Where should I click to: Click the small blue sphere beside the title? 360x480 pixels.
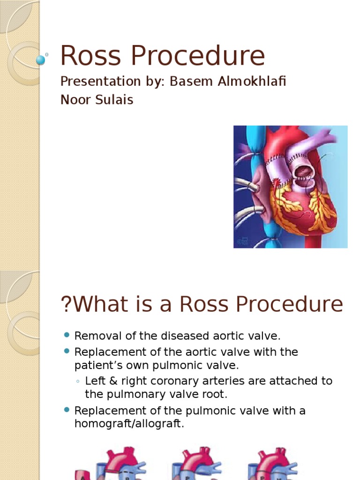[x=41, y=60]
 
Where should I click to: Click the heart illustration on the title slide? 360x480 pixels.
[x=290, y=187]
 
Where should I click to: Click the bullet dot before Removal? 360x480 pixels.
[x=66, y=335]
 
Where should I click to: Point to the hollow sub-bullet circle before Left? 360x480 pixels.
[x=78, y=382]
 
